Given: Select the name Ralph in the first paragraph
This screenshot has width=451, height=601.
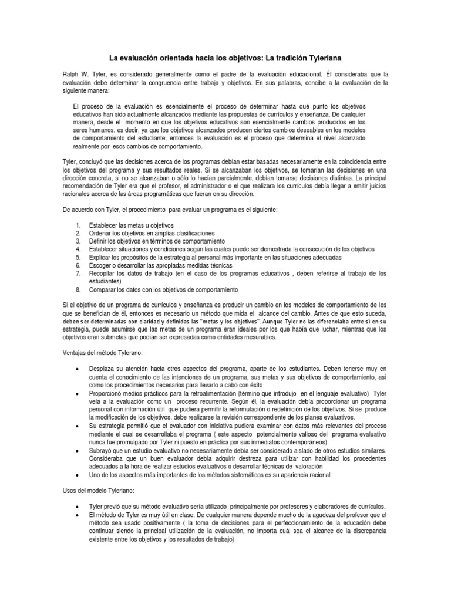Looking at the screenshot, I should point(71,75).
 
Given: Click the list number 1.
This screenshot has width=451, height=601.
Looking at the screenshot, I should point(78,225).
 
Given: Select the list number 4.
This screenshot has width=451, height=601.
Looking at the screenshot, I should point(78,249).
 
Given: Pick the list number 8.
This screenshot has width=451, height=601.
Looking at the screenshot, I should point(78,289).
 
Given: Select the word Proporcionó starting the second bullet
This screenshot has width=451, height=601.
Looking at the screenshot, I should point(108,393).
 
